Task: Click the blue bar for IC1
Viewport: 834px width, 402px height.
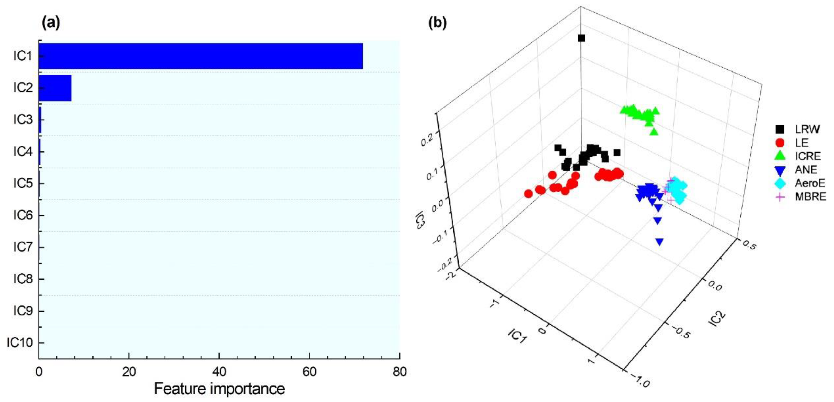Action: point(201,56)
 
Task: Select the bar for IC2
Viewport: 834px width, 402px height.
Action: point(55,88)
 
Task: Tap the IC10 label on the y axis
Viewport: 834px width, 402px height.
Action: point(20,343)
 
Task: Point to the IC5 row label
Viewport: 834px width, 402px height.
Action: point(23,183)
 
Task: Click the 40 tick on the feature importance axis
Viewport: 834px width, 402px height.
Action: point(219,372)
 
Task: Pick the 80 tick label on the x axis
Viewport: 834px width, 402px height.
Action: point(400,372)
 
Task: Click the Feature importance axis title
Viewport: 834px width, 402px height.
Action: point(219,389)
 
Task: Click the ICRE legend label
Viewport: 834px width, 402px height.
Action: point(808,156)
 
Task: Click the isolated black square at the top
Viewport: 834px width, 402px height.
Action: point(582,38)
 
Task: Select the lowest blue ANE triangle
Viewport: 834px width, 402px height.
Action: point(659,242)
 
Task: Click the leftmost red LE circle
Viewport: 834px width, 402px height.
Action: point(528,194)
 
